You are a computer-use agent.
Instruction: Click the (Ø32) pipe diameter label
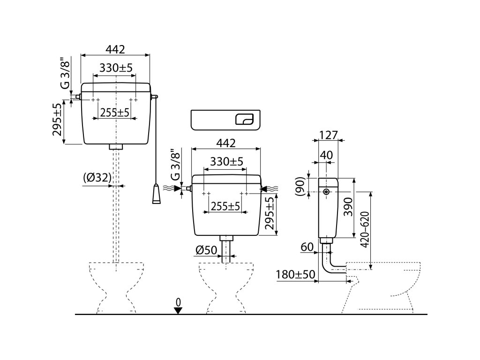tap(97, 178)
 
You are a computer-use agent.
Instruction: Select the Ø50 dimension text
tap(207, 250)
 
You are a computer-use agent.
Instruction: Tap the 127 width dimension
tap(329, 135)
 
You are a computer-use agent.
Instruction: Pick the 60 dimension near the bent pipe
tap(307, 247)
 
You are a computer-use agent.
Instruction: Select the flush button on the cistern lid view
tap(244, 119)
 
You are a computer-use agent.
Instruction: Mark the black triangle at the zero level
tap(178, 310)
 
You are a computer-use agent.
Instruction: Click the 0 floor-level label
tap(178, 301)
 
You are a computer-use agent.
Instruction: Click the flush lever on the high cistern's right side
tap(155, 97)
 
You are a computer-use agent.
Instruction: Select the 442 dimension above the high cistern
tap(115, 49)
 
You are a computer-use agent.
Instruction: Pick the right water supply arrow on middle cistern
tap(270, 188)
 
